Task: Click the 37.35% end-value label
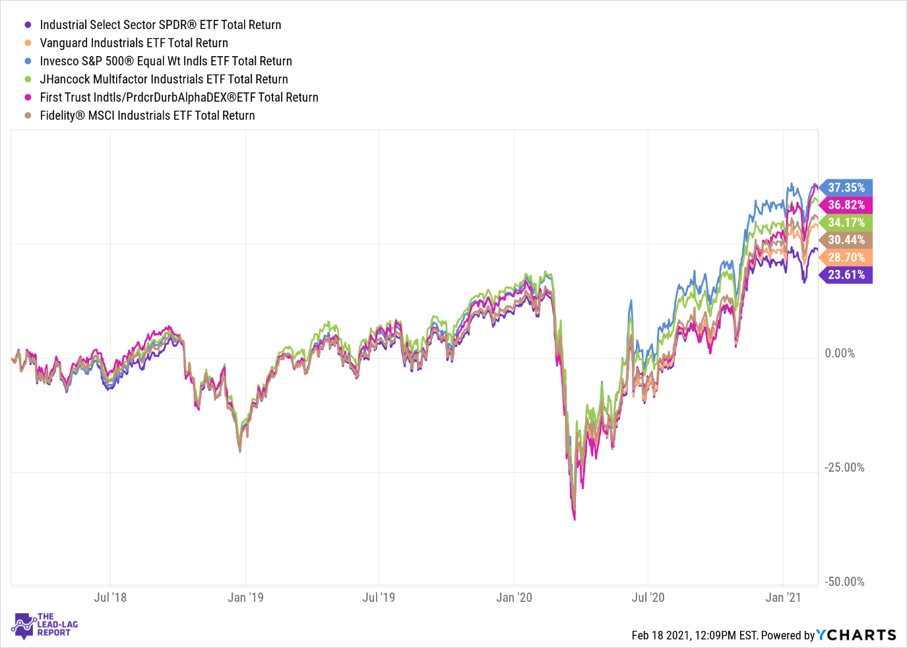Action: coord(846,188)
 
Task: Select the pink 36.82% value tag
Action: coord(846,205)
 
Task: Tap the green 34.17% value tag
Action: coord(846,223)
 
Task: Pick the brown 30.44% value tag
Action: coord(846,240)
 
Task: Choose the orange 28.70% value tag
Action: coord(846,257)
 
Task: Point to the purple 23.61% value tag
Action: coord(846,275)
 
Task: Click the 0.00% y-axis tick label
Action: coord(840,354)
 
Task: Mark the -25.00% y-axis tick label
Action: coord(844,468)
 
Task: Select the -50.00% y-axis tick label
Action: coord(844,582)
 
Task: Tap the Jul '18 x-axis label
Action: coord(110,598)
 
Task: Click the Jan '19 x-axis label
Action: coord(245,598)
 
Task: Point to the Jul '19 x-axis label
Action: coord(379,598)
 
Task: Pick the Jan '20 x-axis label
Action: coord(514,598)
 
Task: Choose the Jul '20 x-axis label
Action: coord(648,598)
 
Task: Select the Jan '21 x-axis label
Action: coord(783,598)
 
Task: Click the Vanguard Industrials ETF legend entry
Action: coord(134,43)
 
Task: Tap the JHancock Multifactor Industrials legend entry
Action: coord(164,79)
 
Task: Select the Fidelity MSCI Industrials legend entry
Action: coord(147,115)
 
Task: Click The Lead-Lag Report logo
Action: coord(45,625)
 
